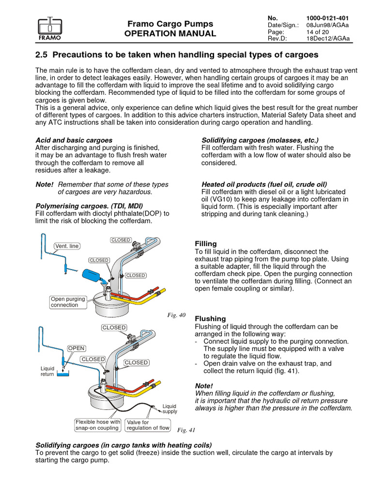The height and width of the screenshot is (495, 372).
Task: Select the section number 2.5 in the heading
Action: tap(44, 54)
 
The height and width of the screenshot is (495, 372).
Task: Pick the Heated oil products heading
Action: tap(264, 184)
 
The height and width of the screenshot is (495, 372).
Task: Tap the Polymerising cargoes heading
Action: tap(84, 206)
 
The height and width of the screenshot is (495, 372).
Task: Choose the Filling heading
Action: tap(205, 244)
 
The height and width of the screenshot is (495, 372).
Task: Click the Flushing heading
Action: tap(210, 319)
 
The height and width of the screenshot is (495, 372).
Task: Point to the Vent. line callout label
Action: tap(67, 246)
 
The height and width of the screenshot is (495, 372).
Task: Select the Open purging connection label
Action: tap(68, 302)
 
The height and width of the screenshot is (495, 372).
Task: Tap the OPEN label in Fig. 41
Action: tap(76, 348)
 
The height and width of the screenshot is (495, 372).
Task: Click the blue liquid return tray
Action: tap(63, 374)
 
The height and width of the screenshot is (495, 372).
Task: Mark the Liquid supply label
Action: tap(170, 409)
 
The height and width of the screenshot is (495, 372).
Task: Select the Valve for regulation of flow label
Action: tap(148, 425)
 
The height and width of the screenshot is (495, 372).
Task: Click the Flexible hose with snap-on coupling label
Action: tap(97, 425)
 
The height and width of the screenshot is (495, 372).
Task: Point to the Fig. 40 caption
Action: tap(176, 315)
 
